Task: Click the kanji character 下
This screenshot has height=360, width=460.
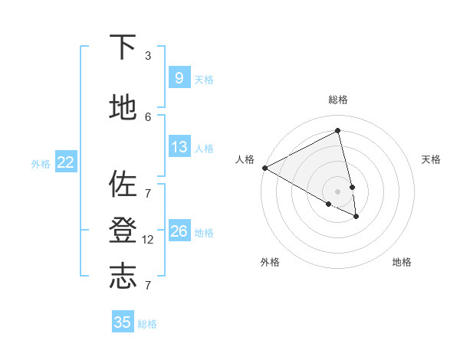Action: (123, 47)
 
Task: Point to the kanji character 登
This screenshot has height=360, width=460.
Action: (123, 231)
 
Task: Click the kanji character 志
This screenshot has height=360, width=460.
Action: (123, 277)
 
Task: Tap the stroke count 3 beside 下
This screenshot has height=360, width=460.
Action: (148, 56)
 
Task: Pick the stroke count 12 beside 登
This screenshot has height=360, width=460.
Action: (149, 240)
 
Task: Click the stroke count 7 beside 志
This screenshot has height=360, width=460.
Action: (148, 286)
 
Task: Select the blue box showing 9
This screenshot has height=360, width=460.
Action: (179, 77)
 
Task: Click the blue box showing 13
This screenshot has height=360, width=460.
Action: (179, 147)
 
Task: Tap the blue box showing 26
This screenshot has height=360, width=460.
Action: (179, 231)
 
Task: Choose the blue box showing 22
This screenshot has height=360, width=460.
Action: (66, 162)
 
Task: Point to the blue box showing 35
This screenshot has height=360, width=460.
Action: (123, 322)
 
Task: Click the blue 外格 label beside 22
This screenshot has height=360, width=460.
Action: (41, 163)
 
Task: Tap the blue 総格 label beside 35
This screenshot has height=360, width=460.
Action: (147, 324)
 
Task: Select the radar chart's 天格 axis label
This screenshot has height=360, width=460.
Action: (431, 159)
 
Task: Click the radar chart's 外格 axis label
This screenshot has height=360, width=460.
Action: (270, 262)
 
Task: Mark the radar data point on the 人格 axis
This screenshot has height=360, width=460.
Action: (264, 168)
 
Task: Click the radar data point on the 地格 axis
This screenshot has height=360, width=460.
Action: (356, 217)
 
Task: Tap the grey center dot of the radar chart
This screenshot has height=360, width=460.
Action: (338, 191)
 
